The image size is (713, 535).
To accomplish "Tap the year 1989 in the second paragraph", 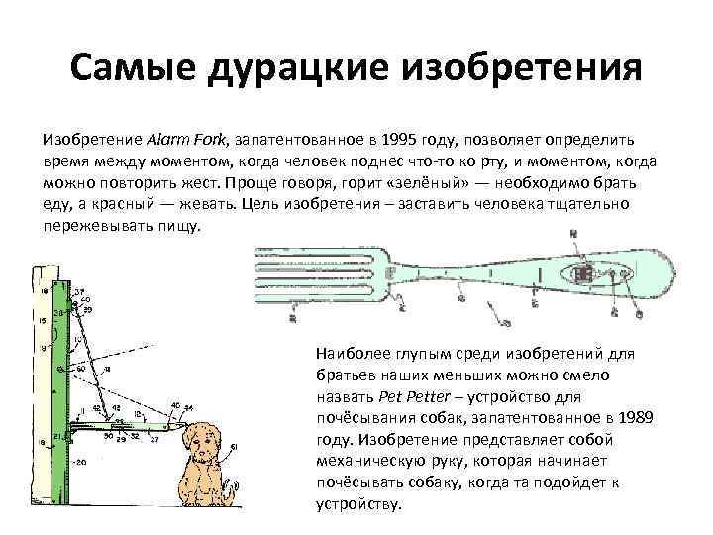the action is (x=632, y=418).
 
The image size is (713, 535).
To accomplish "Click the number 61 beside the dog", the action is (x=234, y=449).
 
